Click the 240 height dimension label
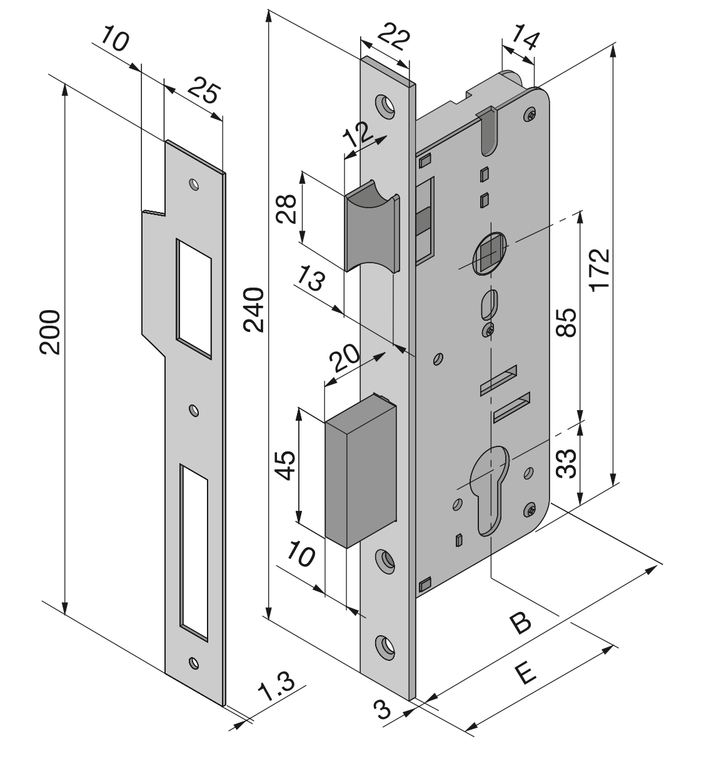coord(254,310)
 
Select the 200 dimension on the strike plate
coord(50,331)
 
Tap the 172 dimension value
coord(600,269)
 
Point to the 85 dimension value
coord(566,321)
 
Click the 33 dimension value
coord(566,463)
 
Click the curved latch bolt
coord(371,228)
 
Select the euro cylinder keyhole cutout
coord(491,488)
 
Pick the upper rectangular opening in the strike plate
coord(193,297)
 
